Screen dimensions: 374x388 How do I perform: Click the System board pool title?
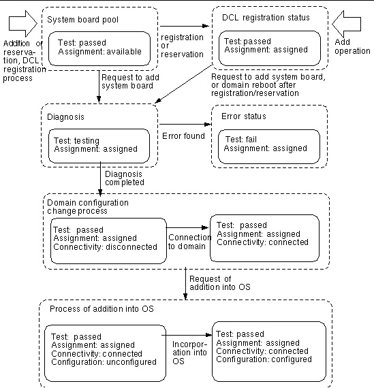point(82,20)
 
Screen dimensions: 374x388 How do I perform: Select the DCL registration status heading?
point(266,18)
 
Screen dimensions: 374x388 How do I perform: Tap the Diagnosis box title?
point(65,117)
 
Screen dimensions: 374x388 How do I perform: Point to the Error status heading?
point(244,116)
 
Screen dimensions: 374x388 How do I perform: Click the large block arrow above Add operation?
point(346,24)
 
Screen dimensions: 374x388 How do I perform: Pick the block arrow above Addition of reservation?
point(23,24)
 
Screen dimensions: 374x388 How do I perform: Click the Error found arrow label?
point(183,136)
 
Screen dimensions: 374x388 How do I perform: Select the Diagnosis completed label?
point(125,178)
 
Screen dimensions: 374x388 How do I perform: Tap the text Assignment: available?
point(100,52)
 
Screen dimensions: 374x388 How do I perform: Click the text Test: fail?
point(241,140)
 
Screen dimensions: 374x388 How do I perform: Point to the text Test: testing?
point(76,140)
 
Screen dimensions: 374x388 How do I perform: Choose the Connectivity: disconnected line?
point(106,247)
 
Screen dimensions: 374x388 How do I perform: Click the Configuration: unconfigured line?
point(104,362)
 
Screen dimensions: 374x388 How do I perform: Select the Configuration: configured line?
point(264,359)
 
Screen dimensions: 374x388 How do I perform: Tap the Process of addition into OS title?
point(102,309)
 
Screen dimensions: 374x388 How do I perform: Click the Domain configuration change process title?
point(88,207)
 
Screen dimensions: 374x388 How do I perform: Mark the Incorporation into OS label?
point(189,353)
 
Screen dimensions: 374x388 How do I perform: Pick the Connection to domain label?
point(189,242)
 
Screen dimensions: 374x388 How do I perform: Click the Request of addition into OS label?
point(220,283)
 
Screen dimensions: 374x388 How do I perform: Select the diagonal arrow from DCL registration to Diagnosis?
point(183,84)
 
